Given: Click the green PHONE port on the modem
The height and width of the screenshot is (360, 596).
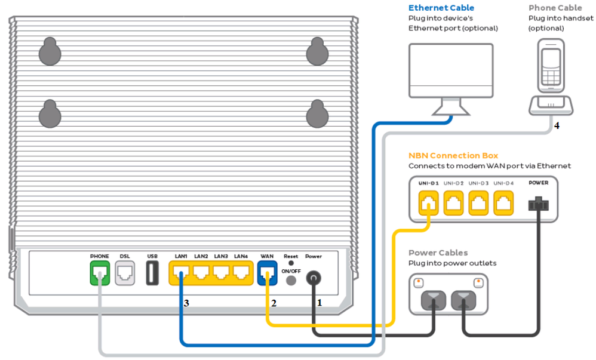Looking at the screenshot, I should [x=100, y=273].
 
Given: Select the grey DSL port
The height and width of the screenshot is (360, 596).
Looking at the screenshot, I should [x=125, y=273].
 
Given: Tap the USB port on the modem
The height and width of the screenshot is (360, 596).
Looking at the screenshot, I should [x=152, y=273].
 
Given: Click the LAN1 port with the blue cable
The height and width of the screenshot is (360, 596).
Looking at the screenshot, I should [x=182, y=273].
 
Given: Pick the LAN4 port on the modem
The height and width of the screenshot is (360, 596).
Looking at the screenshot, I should [x=241, y=273].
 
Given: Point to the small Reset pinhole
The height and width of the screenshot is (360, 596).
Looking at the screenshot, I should [x=291, y=263].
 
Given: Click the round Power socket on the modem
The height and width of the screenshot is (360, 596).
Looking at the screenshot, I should [x=314, y=278].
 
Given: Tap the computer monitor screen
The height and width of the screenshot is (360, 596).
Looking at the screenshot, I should [x=451, y=70].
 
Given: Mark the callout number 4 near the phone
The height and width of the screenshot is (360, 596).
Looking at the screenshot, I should [x=557, y=126].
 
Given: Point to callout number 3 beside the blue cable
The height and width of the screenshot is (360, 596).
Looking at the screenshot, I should [x=187, y=303].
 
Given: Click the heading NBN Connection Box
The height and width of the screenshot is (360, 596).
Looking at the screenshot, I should [x=453, y=155].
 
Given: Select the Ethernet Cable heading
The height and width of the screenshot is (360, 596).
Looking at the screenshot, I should [x=441, y=8].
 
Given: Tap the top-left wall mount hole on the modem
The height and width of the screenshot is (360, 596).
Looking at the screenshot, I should [x=50, y=53].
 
